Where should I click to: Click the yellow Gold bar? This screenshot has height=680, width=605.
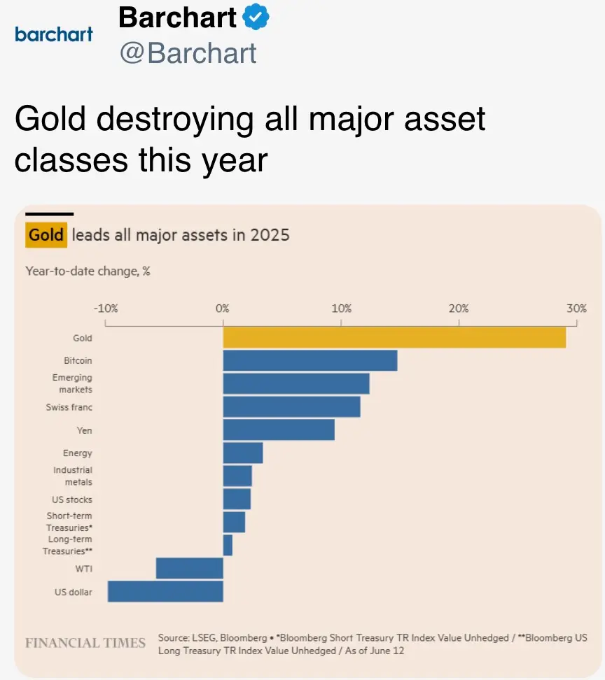pos(394,337)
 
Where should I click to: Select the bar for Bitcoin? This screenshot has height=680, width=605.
pos(310,360)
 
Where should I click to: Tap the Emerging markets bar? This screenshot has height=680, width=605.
pos(296,383)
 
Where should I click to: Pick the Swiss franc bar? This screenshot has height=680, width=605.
pos(291,406)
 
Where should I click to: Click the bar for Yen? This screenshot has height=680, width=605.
pos(279,430)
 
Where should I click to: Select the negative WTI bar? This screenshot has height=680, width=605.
pos(190,568)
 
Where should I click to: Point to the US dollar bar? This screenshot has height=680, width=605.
pos(165,591)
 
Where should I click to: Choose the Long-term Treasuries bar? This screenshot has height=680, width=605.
pos(228,545)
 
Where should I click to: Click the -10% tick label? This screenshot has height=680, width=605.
pos(105,309)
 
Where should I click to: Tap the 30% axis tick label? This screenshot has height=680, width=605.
pos(577,309)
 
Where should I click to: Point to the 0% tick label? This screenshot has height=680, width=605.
pos(223,309)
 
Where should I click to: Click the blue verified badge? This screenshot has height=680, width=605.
pos(256,18)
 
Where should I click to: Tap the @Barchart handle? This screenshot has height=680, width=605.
pos(188,53)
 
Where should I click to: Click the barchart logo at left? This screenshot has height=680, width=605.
pos(53,34)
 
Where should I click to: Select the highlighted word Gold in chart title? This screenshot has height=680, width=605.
pos(46,234)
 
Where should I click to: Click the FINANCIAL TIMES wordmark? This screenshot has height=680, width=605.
pos(85,643)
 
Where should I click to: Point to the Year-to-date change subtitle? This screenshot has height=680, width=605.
pos(88,271)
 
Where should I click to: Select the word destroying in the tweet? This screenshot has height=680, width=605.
pos(174,120)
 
